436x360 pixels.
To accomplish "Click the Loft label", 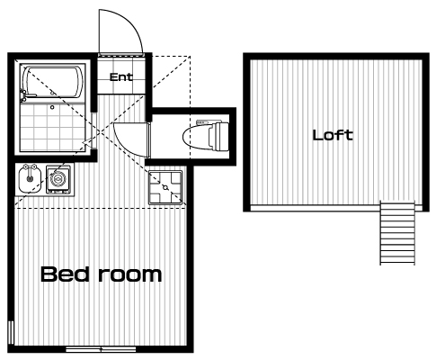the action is [x=333, y=135].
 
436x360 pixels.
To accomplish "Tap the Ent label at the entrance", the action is [x=121, y=77].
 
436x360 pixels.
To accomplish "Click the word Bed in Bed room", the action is [x=64, y=274].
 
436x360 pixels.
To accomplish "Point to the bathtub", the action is [x=52, y=83].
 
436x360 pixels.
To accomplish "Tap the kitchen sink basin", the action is [x=30, y=179].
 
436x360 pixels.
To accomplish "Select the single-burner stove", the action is [x=58, y=179].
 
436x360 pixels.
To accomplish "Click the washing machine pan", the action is [x=165, y=187].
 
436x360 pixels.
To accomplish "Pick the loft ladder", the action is [x=397, y=233].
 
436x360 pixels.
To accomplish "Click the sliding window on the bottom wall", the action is [x=101, y=349].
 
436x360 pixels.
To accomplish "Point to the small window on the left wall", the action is [x=11, y=332].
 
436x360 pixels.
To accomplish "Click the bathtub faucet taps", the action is [x=23, y=95].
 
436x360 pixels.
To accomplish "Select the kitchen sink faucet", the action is [x=31, y=166].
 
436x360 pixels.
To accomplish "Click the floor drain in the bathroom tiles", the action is [x=52, y=107].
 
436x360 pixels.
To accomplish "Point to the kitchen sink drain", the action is [x=30, y=178].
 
